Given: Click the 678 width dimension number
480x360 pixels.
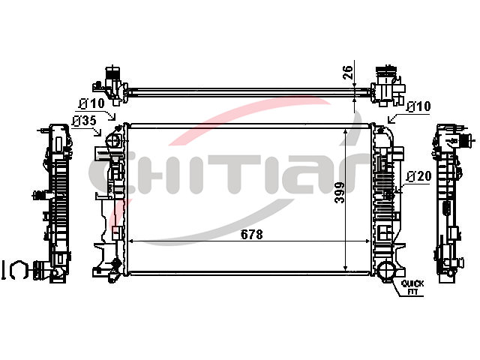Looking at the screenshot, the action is click(x=252, y=235).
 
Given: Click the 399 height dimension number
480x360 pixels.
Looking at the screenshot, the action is click(x=339, y=193).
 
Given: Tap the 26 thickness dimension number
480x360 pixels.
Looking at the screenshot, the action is click(x=348, y=73).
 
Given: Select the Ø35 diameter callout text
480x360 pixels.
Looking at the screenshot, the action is click(x=84, y=121).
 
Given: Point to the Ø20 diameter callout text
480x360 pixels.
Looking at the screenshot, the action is click(x=418, y=176).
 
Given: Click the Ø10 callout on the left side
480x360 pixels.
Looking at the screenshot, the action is click(x=91, y=103).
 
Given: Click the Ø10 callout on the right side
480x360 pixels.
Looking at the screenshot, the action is click(x=418, y=106).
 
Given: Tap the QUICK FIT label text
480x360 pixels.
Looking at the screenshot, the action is click(x=412, y=287).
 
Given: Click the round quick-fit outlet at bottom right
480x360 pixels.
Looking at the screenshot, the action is click(x=386, y=269).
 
